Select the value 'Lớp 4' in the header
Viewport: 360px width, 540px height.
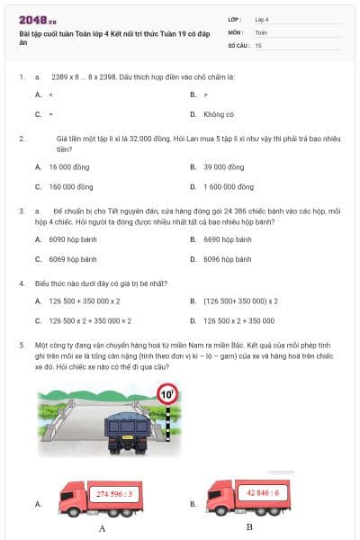pyautogui.click(x=262, y=18)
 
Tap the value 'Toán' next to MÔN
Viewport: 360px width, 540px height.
pyautogui.click(x=261, y=31)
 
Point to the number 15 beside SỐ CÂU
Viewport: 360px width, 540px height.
pyautogui.click(x=258, y=44)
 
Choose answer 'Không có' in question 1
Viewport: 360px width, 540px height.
pyautogui.click(x=219, y=114)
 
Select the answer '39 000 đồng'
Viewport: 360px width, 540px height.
pyautogui.click(x=223, y=166)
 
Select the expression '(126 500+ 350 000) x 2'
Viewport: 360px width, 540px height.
pyautogui.click(x=240, y=301)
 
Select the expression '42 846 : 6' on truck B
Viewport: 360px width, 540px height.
pyautogui.click(x=263, y=492)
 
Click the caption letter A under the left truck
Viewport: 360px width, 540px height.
pyautogui.click(x=102, y=528)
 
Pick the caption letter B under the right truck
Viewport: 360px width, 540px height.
pyautogui.click(x=249, y=526)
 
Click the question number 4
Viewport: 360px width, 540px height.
pyautogui.click(x=21, y=283)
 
